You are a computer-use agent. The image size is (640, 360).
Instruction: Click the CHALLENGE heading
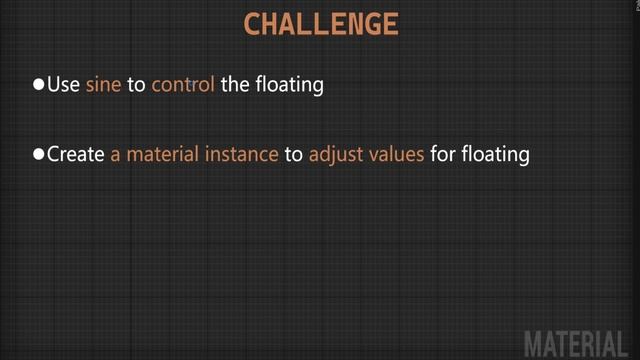tap(321, 24)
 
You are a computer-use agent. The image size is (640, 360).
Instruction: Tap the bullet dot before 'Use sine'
tap(39, 85)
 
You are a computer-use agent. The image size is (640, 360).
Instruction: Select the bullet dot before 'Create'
tap(39, 155)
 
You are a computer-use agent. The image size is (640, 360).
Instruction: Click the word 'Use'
tap(63, 85)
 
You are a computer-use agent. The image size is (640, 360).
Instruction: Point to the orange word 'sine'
tap(103, 85)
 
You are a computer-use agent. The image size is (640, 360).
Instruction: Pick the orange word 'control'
tap(183, 85)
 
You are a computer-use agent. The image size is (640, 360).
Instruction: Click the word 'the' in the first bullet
tap(235, 85)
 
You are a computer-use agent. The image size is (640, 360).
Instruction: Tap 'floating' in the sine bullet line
tap(289, 85)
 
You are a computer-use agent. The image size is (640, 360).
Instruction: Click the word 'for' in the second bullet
tap(441, 155)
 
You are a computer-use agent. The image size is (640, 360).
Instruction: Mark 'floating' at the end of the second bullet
tap(494, 155)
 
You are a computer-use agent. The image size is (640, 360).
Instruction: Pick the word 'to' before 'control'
tap(136, 85)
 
